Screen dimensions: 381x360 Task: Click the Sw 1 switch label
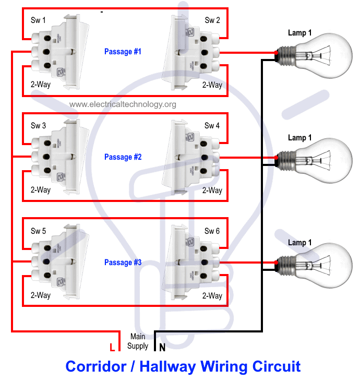[x=38, y=20]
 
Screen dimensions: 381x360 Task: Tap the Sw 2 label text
[x=212, y=20]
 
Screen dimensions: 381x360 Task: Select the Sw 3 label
[x=38, y=126]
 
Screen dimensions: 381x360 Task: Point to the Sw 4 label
[x=212, y=126]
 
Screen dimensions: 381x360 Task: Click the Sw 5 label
[x=38, y=231]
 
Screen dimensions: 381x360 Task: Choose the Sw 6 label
[x=212, y=231]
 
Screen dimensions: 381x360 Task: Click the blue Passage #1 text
[x=123, y=52]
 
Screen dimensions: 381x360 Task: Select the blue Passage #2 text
[x=123, y=157]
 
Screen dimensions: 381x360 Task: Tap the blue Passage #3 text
[x=123, y=263]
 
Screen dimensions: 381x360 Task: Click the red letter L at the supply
[x=112, y=347]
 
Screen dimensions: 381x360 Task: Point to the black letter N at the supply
[x=162, y=347]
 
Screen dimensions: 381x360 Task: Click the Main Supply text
[x=138, y=341]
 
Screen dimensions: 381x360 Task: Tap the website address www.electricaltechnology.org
[x=123, y=104]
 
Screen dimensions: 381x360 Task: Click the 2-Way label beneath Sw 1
[x=41, y=84]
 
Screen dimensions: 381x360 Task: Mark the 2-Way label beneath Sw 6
[x=212, y=295]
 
